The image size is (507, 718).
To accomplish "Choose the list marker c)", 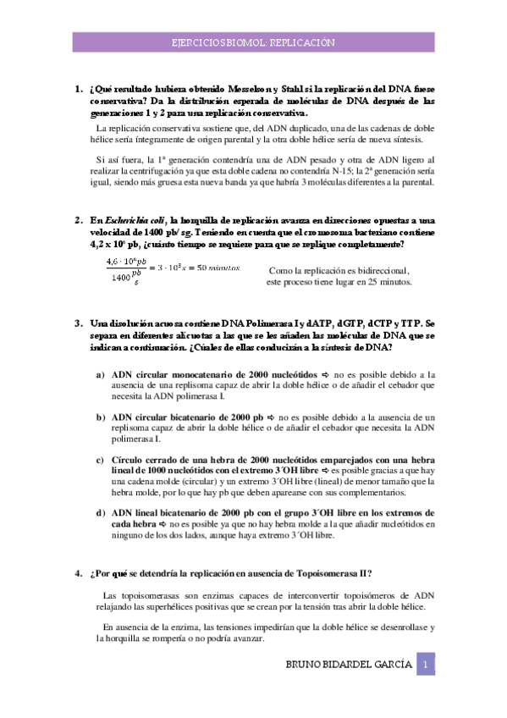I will coord(100,458).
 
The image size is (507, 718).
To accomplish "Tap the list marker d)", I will coord(100,512).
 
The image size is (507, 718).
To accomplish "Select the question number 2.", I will coord(77,220).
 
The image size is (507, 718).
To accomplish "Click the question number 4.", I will coord(77,573).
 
